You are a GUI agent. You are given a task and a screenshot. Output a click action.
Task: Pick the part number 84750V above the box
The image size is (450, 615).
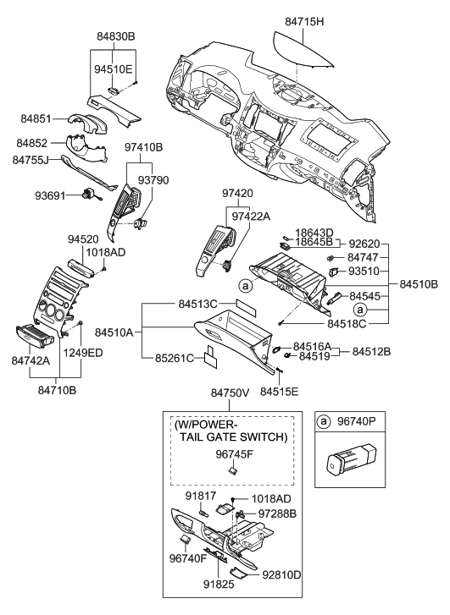230,393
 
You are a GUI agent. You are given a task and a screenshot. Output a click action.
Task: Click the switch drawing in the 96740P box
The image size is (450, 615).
349,463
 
